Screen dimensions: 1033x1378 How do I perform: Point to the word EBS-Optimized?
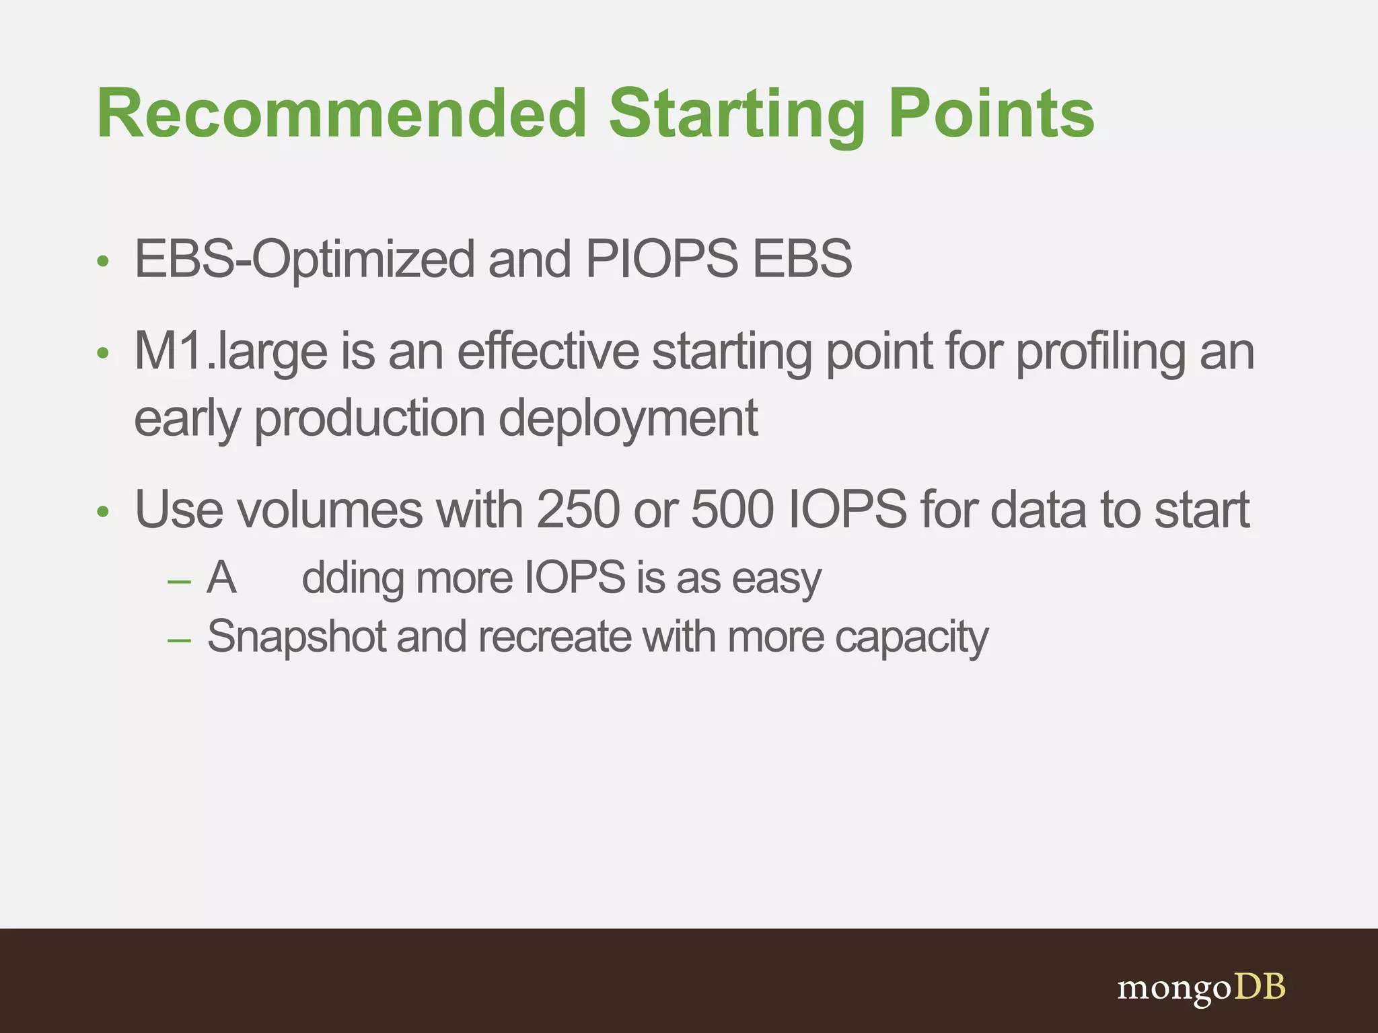pyautogui.click(x=304, y=260)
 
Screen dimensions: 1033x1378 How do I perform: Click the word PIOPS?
pyautogui.click(x=661, y=258)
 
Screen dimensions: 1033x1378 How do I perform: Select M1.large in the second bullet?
pyautogui.click(x=231, y=352)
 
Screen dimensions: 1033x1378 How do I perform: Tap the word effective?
pyautogui.click(x=548, y=351)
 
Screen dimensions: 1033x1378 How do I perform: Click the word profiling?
pyautogui.click(x=1101, y=352)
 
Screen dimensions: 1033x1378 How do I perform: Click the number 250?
pyautogui.click(x=578, y=510)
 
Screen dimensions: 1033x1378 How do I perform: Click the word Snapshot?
pyautogui.click(x=296, y=636)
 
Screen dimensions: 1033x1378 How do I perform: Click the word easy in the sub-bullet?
pyautogui.click(x=776, y=578)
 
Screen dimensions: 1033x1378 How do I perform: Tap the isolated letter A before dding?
pyautogui.click(x=221, y=578)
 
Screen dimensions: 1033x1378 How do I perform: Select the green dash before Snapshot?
pyautogui.click(x=179, y=640)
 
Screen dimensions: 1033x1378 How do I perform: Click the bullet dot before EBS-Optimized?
pyautogui.click(x=102, y=262)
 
